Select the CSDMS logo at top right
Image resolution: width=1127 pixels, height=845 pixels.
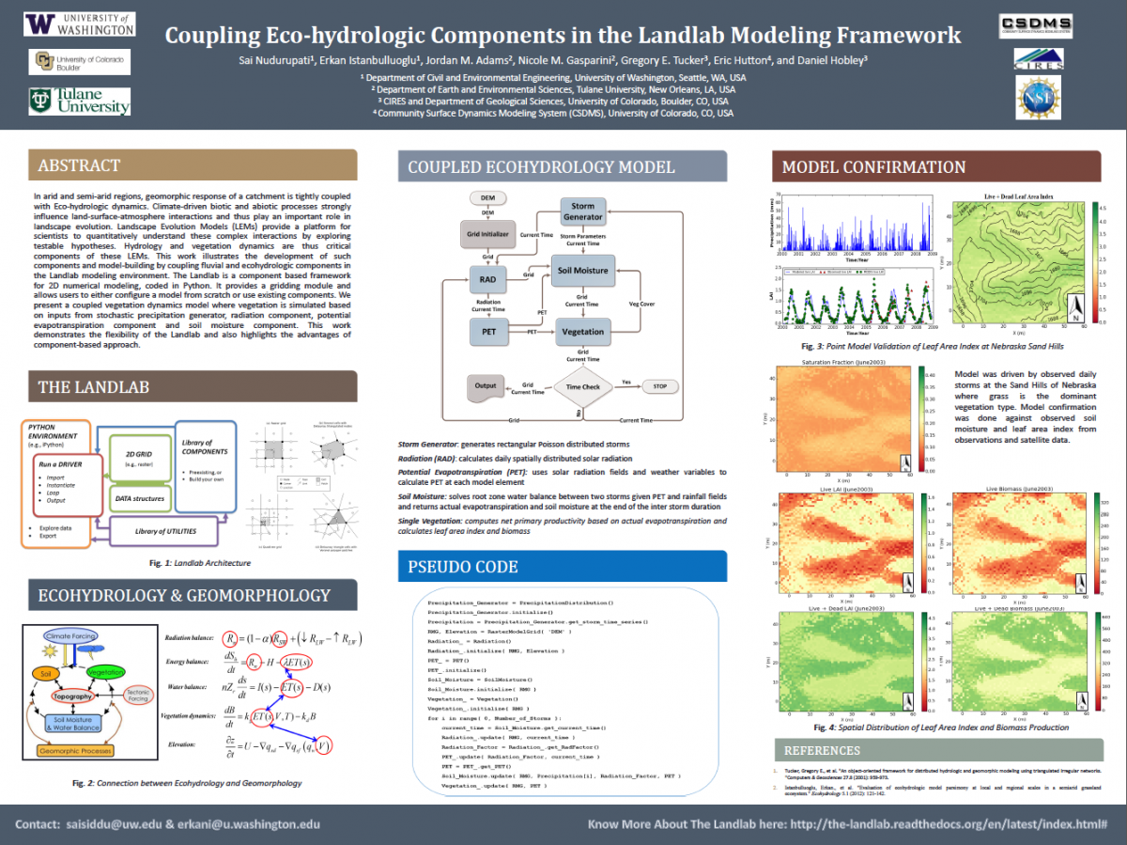(x=1038, y=25)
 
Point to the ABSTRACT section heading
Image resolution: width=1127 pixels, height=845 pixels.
(x=79, y=165)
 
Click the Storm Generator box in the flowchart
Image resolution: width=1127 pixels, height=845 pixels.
(x=582, y=211)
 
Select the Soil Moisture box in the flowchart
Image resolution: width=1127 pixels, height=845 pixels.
(x=582, y=271)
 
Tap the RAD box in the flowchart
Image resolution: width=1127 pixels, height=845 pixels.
(x=487, y=279)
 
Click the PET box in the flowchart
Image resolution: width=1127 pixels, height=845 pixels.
(x=488, y=331)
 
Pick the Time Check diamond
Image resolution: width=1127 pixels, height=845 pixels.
(x=582, y=385)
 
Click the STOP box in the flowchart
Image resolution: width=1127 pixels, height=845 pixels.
(x=660, y=386)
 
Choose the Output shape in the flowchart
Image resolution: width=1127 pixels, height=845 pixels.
(x=486, y=386)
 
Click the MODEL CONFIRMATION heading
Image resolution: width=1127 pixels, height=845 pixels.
(x=873, y=167)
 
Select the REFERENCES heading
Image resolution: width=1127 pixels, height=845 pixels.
(x=822, y=750)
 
